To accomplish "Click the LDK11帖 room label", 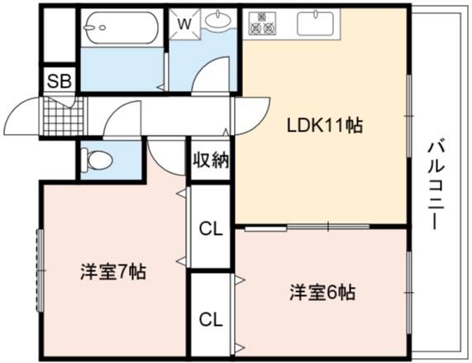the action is pyautogui.click(x=325, y=126).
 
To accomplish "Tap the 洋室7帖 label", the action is pyautogui.click(x=113, y=272).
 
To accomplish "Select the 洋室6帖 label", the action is pyautogui.click(x=322, y=292).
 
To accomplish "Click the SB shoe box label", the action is pyautogui.click(x=60, y=81).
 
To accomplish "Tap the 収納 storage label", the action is pyautogui.click(x=211, y=160).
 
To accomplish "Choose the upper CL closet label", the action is pyautogui.click(x=211, y=230).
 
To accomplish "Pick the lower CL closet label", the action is pyautogui.click(x=211, y=319).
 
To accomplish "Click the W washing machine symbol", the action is pyautogui.click(x=184, y=24).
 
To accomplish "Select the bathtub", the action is pyautogui.click(x=121, y=27).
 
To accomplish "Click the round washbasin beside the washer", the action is pyautogui.click(x=218, y=20).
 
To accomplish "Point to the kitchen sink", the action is pyautogui.click(x=315, y=23).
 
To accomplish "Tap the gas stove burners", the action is pyautogui.click(x=262, y=22).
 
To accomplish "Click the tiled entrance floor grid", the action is pyautogui.click(x=63, y=117).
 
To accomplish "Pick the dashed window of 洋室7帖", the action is pyautogui.click(x=40, y=270).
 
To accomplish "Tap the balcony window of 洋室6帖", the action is pyautogui.click(x=409, y=293).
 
